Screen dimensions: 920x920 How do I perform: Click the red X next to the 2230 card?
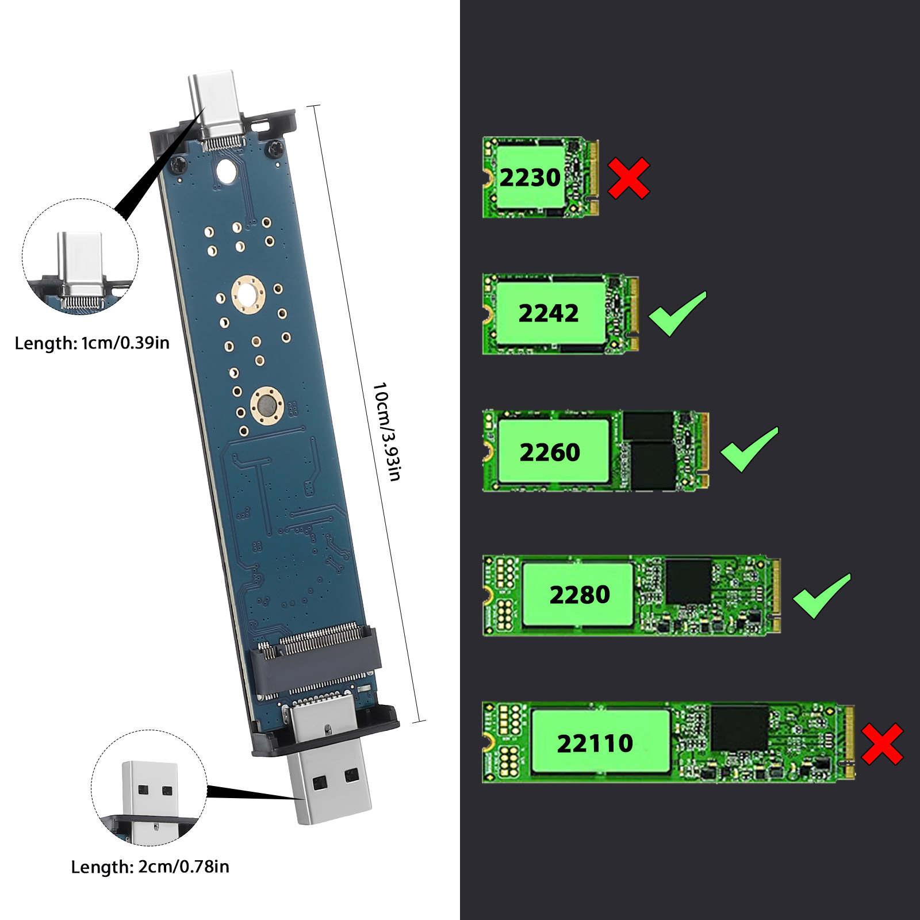point(628,178)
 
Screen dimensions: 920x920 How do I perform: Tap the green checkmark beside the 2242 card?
point(677,314)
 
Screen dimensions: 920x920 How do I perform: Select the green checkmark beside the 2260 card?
point(749,450)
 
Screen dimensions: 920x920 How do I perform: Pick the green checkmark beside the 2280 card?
point(822,596)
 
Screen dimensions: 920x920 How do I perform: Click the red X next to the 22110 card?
point(882,744)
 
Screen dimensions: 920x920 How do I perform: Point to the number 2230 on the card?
point(530,178)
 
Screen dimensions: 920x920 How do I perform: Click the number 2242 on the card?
point(549,313)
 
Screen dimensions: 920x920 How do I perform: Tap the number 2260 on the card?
point(550,453)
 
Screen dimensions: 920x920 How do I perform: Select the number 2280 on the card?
point(580,595)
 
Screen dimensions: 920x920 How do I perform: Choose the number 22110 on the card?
point(595,743)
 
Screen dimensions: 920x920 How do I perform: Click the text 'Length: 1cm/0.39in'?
point(92,343)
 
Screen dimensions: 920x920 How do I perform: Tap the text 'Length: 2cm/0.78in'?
point(150,867)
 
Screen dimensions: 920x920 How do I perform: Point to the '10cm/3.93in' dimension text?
point(387,431)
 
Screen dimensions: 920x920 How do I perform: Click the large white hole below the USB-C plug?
point(226,171)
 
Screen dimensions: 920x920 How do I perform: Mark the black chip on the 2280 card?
point(689,581)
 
